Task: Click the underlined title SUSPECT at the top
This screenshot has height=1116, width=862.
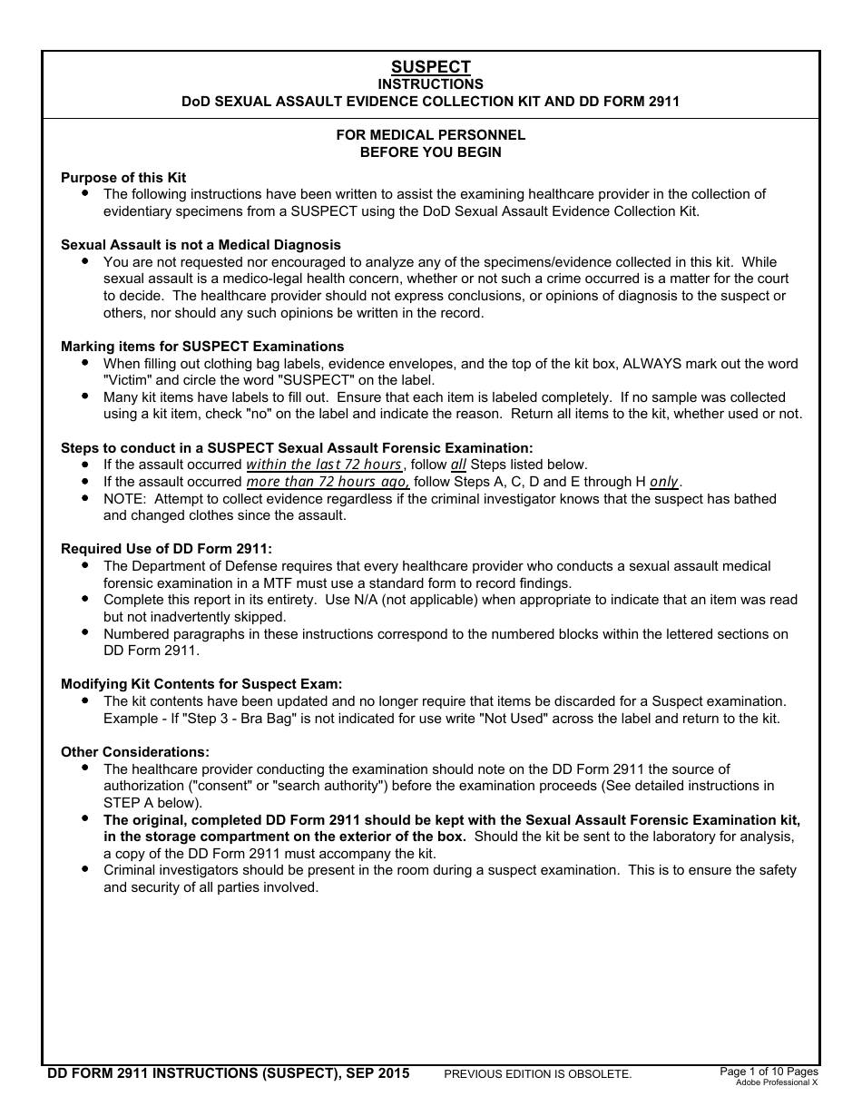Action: [x=431, y=67]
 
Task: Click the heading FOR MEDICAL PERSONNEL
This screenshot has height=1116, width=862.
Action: [x=431, y=135]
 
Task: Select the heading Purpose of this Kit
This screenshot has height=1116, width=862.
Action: [x=123, y=178]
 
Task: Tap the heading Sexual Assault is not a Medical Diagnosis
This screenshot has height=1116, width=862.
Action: [x=201, y=245]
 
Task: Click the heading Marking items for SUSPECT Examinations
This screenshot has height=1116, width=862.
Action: [x=202, y=347]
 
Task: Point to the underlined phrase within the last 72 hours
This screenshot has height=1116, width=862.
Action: [x=324, y=465]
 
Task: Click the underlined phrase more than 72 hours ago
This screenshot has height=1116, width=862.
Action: [x=328, y=482]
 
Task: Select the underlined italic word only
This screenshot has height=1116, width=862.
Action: [x=664, y=482]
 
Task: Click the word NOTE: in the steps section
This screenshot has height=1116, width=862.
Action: [x=126, y=499]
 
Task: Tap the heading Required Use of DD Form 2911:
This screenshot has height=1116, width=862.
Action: [x=166, y=549]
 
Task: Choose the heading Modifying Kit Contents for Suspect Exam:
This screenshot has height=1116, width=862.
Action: [x=201, y=684]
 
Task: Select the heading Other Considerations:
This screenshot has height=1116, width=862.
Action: [x=135, y=752]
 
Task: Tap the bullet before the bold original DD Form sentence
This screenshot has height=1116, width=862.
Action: [x=84, y=818]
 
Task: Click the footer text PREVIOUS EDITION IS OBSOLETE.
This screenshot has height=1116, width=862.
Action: [x=537, y=1074]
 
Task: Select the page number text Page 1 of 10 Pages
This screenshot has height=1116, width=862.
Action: [x=769, y=1072]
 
